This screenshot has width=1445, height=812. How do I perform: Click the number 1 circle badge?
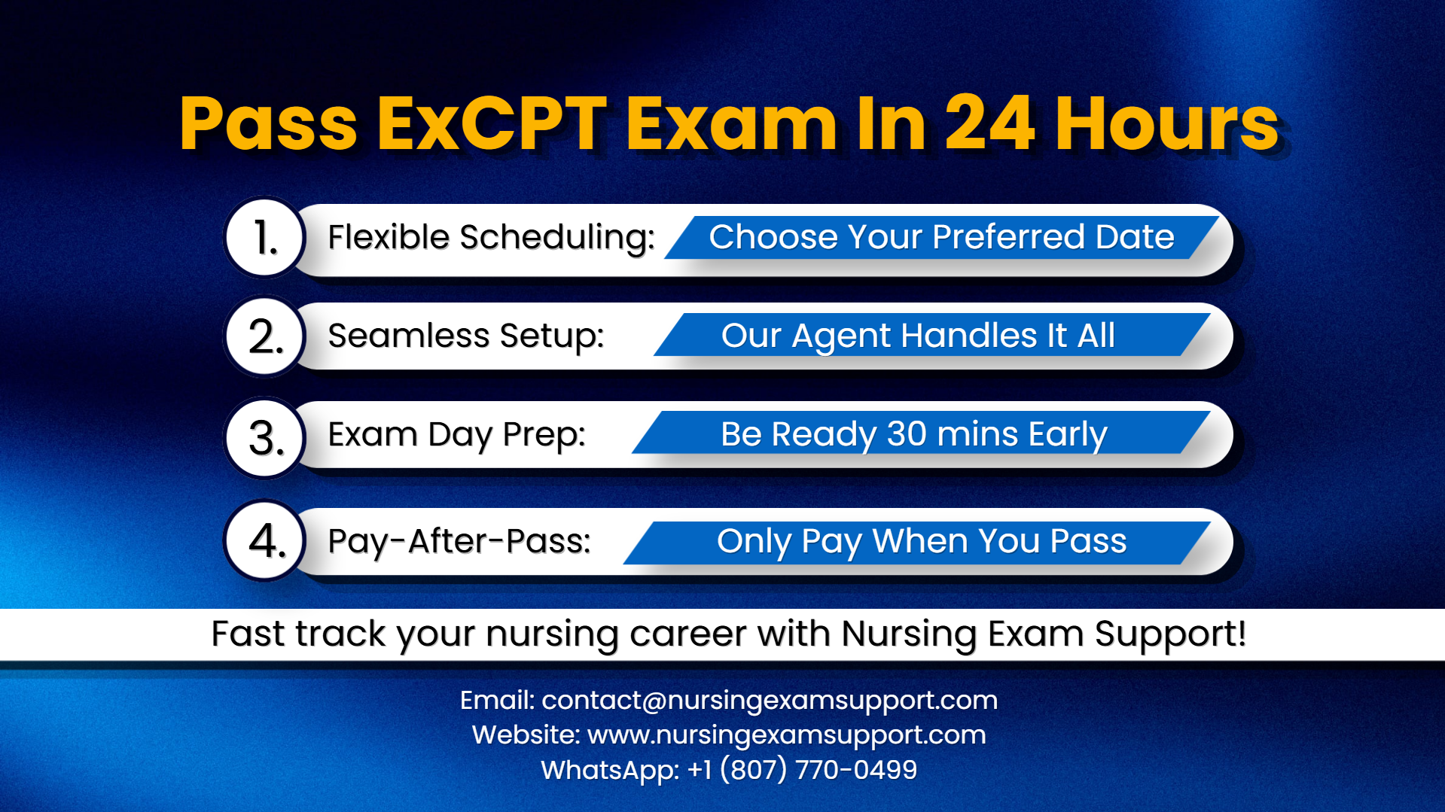click(x=265, y=238)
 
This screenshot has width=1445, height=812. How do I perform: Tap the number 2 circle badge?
click(x=265, y=336)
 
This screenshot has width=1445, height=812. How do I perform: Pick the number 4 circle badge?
click(x=265, y=540)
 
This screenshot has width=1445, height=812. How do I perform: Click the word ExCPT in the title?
click(x=492, y=124)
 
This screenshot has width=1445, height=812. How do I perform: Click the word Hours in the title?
click(x=1166, y=124)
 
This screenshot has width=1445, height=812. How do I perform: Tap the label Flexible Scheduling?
click(x=491, y=238)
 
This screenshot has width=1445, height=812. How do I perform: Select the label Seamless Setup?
click(x=466, y=336)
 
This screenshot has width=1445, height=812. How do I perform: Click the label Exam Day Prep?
click(x=456, y=435)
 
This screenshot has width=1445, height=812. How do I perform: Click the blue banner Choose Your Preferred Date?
click(x=941, y=238)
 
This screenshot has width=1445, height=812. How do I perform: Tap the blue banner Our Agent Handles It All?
click(x=918, y=336)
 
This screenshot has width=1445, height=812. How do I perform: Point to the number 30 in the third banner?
click(x=907, y=434)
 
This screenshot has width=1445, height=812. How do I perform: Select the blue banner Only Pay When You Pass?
click(x=922, y=542)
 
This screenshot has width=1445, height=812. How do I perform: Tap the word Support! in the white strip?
click(x=1170, y=634)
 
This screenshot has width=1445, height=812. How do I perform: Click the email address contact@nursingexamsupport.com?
click(x=770, y=701)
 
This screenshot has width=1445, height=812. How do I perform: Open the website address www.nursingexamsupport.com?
click(x=786, y=735)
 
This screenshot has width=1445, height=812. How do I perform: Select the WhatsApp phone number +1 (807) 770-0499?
click(x=803, y=770)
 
